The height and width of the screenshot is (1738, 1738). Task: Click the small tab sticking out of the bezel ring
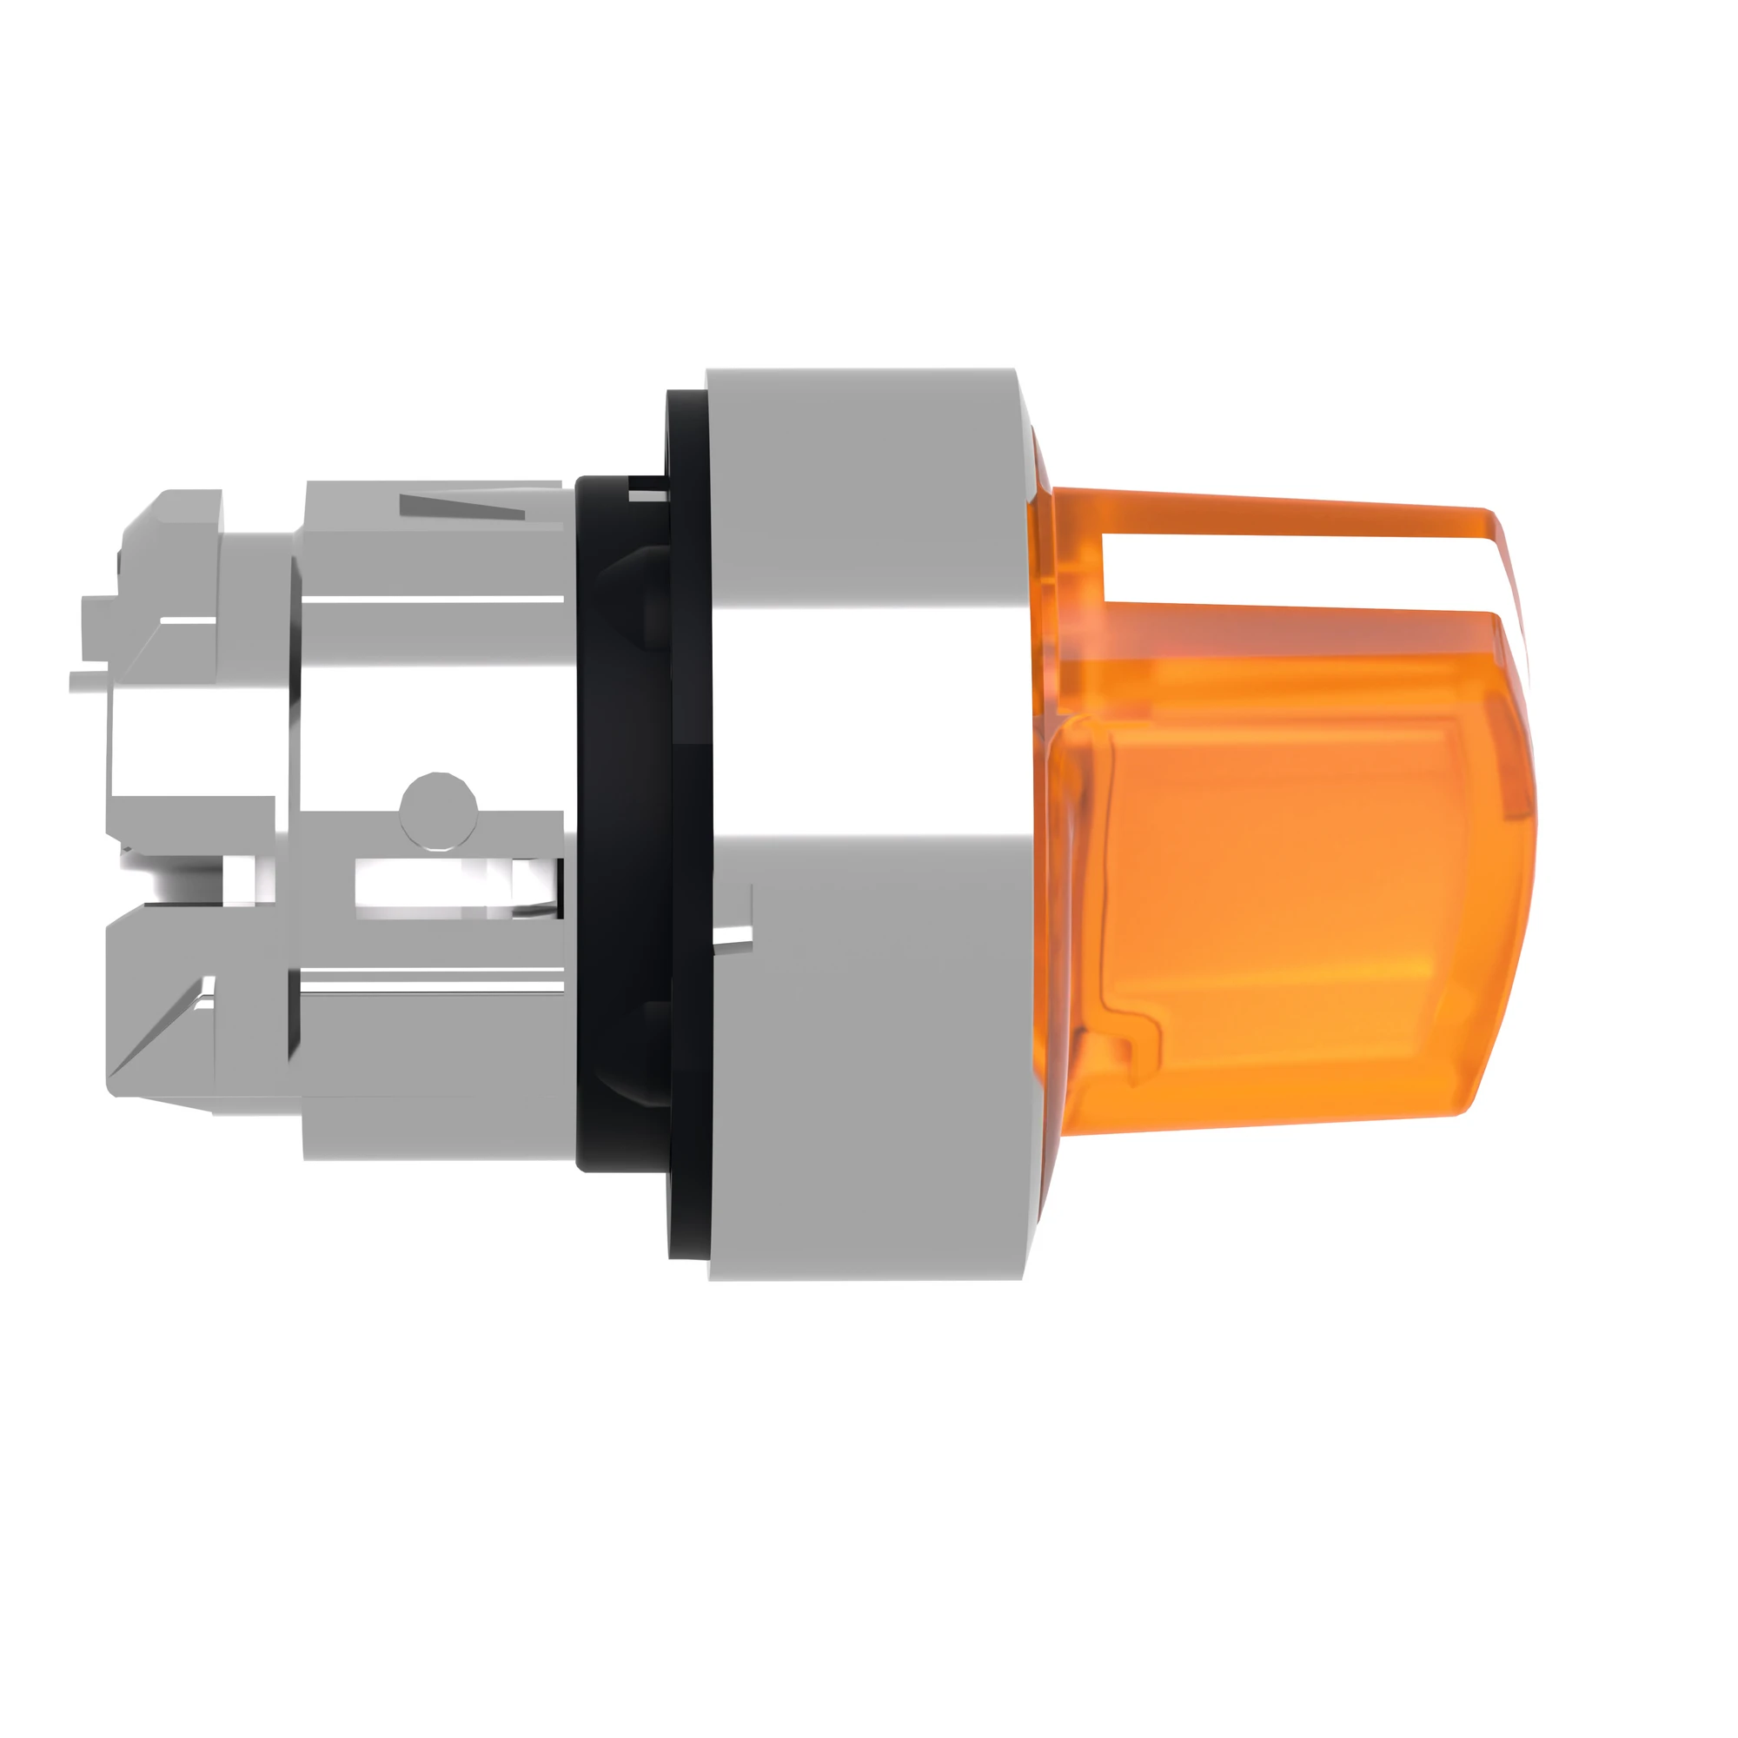pyautogui.click(x=733, y=936)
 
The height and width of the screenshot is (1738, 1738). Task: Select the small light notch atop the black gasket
pyautogui.click(x=649, y=491)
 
